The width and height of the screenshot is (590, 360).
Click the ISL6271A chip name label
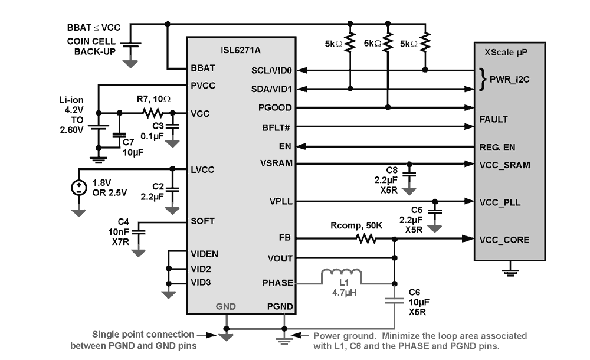coord(241,50)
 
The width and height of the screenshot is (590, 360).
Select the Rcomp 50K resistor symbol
coord(366,238)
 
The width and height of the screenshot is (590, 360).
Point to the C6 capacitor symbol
coord(394,301)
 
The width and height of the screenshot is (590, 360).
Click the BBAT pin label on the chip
coord(203,68)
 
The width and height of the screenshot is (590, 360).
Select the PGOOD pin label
coord(275,107)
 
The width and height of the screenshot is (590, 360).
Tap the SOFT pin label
coord(202,221)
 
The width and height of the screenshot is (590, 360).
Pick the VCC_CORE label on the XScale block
coord(504,240)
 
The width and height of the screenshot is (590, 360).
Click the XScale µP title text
coord(506,53)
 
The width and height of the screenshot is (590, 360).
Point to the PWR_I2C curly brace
coord(483,79)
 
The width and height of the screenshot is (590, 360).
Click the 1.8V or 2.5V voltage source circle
coord(78,188)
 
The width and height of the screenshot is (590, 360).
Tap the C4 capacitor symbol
coord(139,231)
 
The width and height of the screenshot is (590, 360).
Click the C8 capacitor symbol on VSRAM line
coord(409,174)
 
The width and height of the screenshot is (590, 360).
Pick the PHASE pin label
coord(277,283)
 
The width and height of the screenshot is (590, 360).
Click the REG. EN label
coord(497,147)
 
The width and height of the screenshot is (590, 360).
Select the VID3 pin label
coord(201,283)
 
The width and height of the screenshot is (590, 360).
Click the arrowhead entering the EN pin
coord(301,146)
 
